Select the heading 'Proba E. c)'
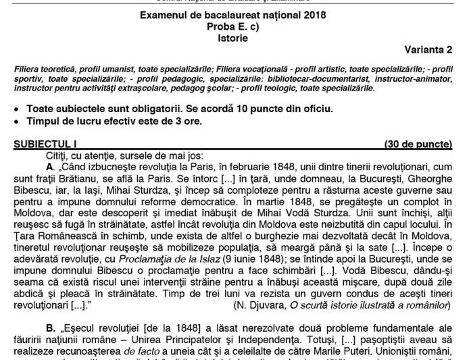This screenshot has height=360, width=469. tap(235, 26)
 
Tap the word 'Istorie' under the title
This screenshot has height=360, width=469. tap(234, 38)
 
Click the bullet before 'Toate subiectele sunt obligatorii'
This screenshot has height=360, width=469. tap(17, 109)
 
